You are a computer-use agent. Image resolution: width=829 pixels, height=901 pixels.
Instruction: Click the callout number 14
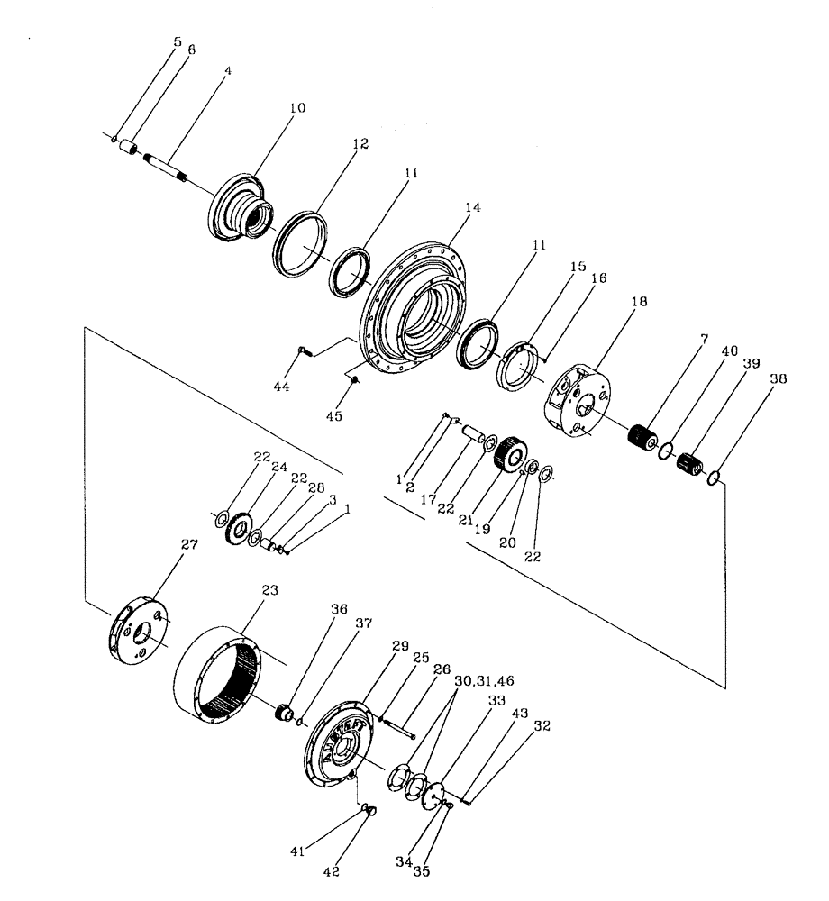pos(472,206)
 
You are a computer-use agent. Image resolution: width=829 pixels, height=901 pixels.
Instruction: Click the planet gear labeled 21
pos(511,451)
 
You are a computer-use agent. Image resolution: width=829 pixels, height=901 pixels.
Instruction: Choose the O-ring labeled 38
pos(712,478)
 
